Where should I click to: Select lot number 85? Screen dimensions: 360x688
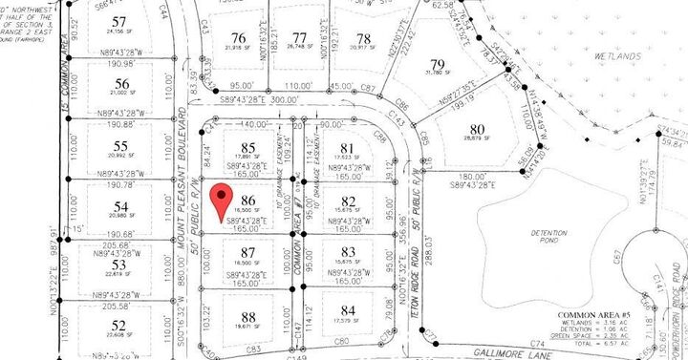[250, 148]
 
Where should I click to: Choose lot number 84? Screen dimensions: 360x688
[348, 310]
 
